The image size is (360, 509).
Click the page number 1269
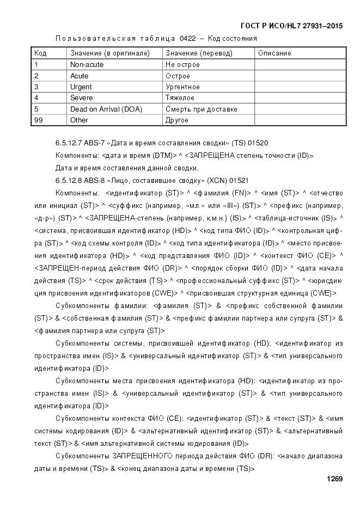(x=334, y=479)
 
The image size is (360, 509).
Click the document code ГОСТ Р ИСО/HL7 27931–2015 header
(x=291, y=26)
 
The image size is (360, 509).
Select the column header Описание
(x=274, y=53)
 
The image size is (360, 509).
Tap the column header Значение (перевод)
(x=199, y=53)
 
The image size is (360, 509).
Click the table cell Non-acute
(x=87, y=65)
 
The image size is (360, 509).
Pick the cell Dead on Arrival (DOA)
(x=106, y=109)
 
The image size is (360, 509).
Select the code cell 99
(x=38, y=120)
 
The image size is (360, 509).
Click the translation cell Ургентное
(x=182, y=87)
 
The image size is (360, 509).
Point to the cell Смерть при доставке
(x=201, y=109)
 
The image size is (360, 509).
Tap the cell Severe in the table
(x=81, y=98)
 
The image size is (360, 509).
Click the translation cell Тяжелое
(x=180, y=98)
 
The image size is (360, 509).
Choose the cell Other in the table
(x=79, y=120)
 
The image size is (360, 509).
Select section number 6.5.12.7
(x=68, y=143)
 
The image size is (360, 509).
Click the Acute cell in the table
(x=79, y=76)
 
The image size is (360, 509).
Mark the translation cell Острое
(x=178, y=76)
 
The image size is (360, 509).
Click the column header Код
(x=40, y=53)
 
